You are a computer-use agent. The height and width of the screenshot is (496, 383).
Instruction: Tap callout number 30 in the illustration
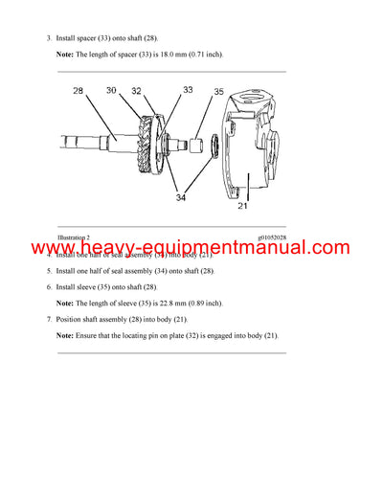click(112, 90)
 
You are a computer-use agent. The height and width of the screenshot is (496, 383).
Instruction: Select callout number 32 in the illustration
click(136, 90)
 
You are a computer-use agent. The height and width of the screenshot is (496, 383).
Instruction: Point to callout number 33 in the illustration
click(187, 90)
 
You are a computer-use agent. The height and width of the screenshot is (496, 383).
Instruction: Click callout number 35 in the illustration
click(218, 94)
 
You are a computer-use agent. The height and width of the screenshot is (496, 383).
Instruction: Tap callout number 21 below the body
click(242, 204)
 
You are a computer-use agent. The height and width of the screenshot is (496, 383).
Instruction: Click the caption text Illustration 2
click(74, 237)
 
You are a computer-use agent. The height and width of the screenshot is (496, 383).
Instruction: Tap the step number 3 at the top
click(48, 37)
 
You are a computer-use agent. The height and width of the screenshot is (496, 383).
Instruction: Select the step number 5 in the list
click(48, 271)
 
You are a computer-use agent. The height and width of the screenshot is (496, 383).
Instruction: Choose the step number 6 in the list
click(48, 286)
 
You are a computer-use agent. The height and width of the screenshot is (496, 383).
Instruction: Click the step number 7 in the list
click(48, 318)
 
